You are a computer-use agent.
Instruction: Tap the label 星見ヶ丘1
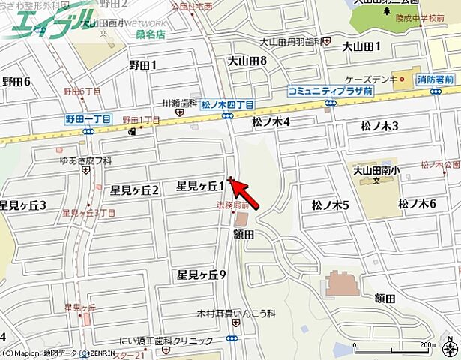(201, 185)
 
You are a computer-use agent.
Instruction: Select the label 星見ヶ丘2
(135, 190)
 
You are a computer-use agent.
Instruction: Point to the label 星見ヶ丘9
(202, 274)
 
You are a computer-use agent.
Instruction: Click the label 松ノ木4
(271, 121)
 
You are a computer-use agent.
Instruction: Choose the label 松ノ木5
(331, 205)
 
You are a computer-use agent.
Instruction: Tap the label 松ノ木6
(418, 203)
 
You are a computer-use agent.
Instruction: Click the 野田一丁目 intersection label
(88, 119)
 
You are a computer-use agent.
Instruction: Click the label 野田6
(16, 82)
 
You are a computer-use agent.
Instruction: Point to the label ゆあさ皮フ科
(85, 160)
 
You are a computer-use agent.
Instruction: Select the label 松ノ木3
(379, 125)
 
